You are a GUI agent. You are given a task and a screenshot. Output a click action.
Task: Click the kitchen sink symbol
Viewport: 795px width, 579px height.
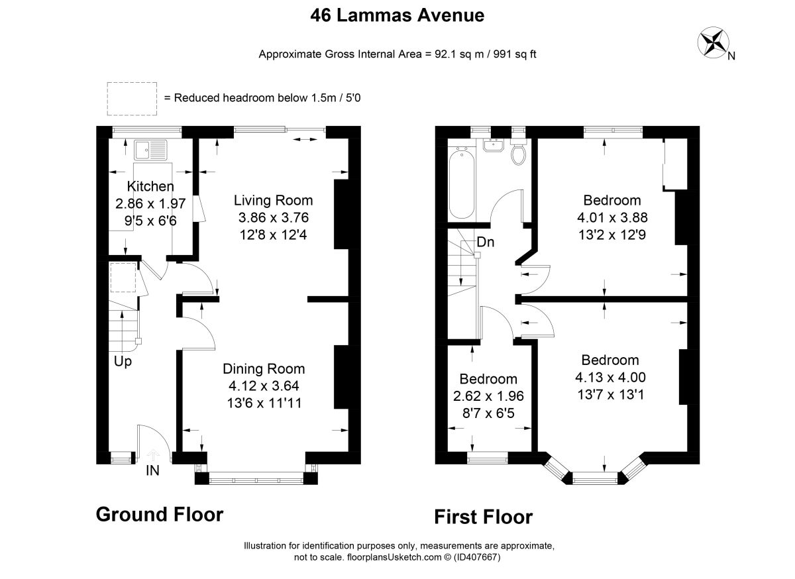coord(150,150)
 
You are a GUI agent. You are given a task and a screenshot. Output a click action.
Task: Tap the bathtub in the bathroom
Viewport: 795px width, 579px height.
coord(461,185)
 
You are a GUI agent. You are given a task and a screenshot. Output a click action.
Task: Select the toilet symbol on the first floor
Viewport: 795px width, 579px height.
coord(519,152)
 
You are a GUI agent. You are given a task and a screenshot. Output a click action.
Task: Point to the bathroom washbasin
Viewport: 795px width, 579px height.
coord(493,145)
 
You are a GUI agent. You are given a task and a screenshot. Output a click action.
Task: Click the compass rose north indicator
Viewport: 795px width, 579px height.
coord(714,42)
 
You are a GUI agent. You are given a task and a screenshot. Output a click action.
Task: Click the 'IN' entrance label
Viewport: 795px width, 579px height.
coord(152,471)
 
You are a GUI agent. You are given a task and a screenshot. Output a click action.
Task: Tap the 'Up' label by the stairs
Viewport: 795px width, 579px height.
coord(123,362)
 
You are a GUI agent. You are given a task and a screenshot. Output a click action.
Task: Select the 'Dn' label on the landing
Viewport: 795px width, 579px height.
coord(486,242)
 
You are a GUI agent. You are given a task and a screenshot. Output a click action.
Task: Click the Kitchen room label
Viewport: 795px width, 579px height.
coord(150,186)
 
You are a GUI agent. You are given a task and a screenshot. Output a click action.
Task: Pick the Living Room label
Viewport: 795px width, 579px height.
coord(273,201)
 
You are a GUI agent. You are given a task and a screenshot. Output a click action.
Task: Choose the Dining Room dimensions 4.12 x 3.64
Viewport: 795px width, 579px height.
coord(264,386)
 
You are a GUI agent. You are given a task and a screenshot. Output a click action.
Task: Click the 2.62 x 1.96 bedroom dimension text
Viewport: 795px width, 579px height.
coord(488,396)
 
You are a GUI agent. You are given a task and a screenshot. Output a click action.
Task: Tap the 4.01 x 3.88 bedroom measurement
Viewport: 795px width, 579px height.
coord(612,217)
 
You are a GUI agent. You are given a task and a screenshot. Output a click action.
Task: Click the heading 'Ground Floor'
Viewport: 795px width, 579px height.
coord(160,514)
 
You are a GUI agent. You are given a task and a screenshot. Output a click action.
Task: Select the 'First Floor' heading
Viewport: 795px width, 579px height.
coord(484,517)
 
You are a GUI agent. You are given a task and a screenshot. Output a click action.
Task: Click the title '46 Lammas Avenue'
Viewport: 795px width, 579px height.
coord(397,15)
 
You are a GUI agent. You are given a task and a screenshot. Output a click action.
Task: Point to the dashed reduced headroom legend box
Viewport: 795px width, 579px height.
coord(132,99)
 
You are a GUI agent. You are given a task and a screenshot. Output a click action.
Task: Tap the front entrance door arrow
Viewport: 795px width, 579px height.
coord(153,455)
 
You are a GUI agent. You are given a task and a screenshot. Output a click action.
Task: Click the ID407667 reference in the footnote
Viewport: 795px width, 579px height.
coord(477,557)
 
